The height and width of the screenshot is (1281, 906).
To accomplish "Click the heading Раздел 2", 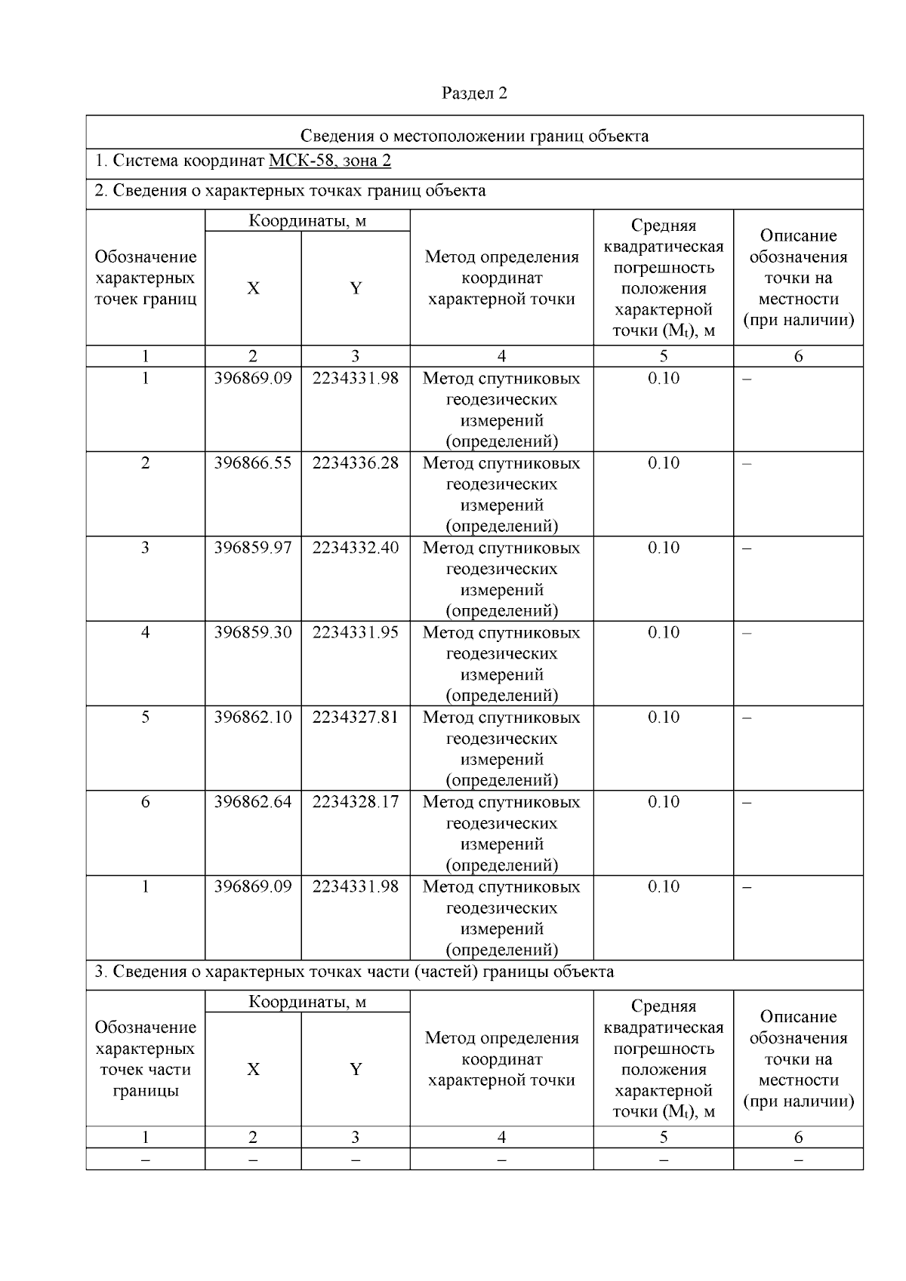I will pyautogui.click(x=474, y=93).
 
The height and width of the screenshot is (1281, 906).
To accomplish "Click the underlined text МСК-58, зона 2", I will pyautogui.click(x=329, y=161).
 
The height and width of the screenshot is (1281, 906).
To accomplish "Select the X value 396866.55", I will pyautogui.click(x=252, y=463).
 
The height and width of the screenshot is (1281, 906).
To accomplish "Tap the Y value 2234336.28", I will pyautogui.click(x=355, y=463).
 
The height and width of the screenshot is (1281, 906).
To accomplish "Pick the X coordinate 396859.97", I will pyautogui.click(x=252, y=548).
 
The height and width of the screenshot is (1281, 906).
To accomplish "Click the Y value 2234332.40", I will pyautogui.click(x=355, y=548).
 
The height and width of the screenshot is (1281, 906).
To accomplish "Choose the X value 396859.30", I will pyautogui.click(x=252, y=632).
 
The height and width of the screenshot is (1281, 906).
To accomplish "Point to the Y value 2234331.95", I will pyautogui.click(x=355, y=632).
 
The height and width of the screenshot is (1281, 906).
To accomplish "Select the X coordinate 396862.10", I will pyautogui.click(x=252, y=717).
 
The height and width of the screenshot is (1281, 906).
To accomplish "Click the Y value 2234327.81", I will pyautogui.click(x=355, y=717).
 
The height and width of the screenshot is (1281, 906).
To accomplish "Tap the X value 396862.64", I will pyautogui.click(x=252, y=802).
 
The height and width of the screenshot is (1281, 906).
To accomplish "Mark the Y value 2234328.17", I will pyautogui.click(x=355, y=802).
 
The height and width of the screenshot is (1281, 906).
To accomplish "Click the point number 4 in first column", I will pyautogui.click(x=145, y=632).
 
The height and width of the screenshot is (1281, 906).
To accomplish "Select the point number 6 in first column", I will pyautogui.click(x=145, y=802).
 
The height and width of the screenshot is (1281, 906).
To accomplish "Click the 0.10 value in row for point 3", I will pyautogui.click(x=663, y=548).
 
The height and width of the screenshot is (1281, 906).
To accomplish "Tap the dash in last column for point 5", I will pyautogui.click(x=747, y=717).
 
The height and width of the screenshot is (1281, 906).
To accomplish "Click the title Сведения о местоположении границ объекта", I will pyautogui.click(x=474, y=136).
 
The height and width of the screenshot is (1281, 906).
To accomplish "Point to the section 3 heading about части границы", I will pyautogui.click(x=353, y=972).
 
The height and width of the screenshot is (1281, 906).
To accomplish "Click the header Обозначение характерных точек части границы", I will pyautogui.click(x=145, y=1058).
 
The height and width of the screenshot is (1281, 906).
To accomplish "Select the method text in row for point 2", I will pyautogui.click(x=501, y=494).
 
